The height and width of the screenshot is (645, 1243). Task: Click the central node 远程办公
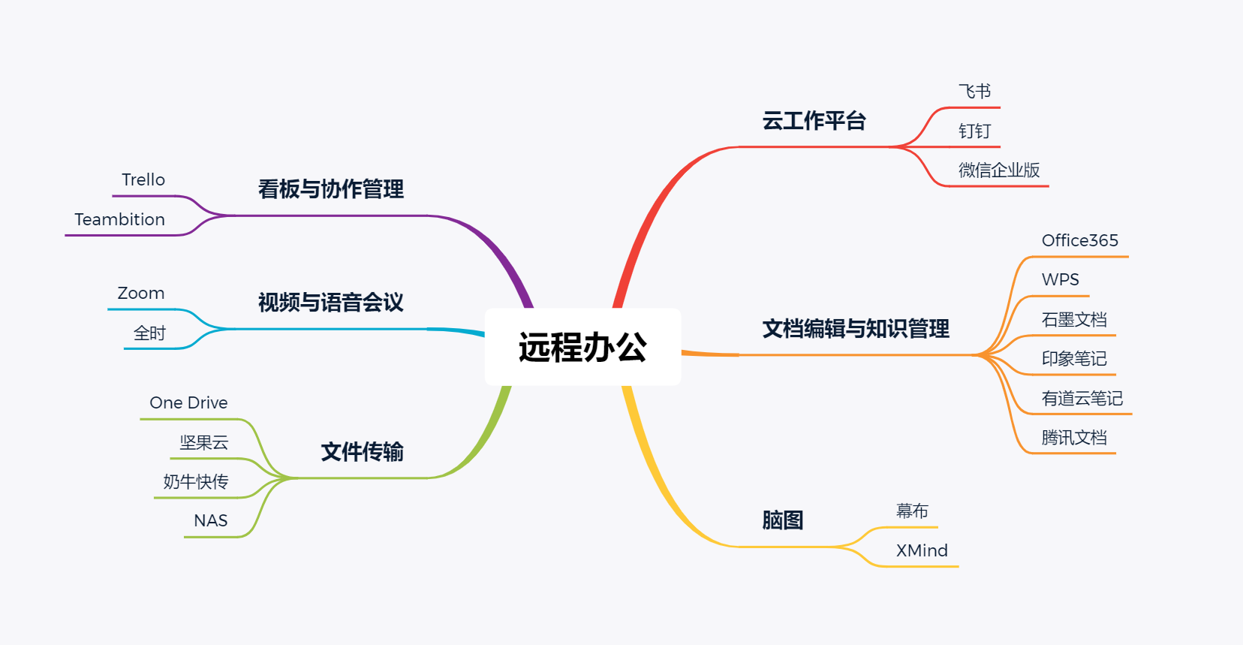(582, 347)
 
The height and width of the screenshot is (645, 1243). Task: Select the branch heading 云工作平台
(814, 121)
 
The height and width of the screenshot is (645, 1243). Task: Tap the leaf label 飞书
(974, 91)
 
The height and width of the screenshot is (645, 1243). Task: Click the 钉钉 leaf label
(974, 131)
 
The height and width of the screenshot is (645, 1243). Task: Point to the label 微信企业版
(999, 170)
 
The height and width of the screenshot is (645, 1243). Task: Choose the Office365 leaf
(1080, 240)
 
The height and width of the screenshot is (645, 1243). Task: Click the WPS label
(1061, 279)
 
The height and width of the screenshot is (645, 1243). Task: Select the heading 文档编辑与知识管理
(856, 329)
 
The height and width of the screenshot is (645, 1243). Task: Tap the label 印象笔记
(1074, 359)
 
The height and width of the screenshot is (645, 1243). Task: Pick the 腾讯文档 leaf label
(1074, 438)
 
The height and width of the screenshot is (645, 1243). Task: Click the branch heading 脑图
(782, 520)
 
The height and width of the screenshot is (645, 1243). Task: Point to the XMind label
(922, 550)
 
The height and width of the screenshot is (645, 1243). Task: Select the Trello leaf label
(143, 180)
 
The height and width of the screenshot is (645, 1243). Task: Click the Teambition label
(120, 219)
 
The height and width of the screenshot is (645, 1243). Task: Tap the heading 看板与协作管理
(331, 189)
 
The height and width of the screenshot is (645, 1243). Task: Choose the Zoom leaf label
(141, 293)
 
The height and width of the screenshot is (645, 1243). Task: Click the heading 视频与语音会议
(331, 303)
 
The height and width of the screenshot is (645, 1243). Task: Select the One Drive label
(188, 402)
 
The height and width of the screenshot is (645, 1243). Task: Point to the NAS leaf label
(211, 520)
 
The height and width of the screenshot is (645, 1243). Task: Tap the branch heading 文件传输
(362, 452)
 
